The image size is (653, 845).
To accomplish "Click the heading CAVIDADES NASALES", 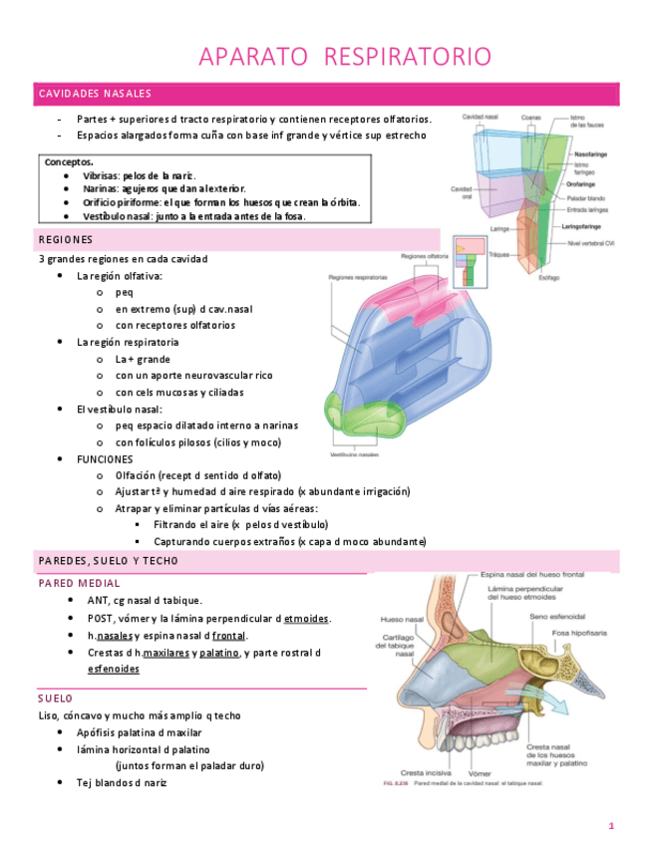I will point(95,94).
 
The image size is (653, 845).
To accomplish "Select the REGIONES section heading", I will point(66,239).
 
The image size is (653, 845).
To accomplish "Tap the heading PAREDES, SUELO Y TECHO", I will point(109,561).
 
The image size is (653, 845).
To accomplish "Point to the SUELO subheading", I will point(55,699).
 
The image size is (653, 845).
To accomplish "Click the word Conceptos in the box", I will point(70,161).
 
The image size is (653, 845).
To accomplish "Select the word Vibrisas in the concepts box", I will point(101,174).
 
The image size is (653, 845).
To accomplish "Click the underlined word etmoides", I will point(306,618).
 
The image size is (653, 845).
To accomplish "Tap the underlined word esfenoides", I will point(114,669).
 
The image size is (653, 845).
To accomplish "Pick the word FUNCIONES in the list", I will point(105,459).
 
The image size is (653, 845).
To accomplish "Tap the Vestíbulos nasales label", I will point(354,454).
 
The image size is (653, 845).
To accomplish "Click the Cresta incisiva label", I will point(424,772).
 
